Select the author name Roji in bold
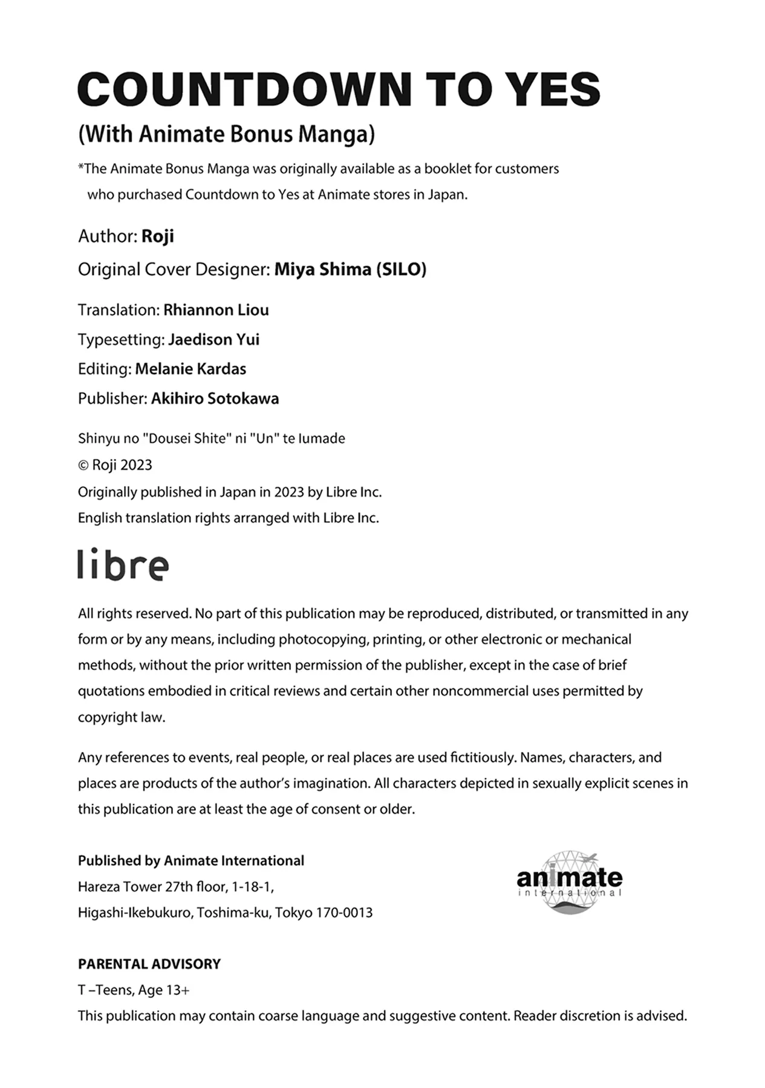tap(157, 236)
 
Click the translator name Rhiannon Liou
tap(216, 310)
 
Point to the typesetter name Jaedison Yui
tap(213, 340)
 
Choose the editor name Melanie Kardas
tap(190, 369)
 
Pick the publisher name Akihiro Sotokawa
tap(215, 398)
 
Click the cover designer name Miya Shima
tap(322, 269)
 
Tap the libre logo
tap(123, 565)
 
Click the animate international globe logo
tap(569, 882)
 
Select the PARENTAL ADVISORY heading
tap(149, 964)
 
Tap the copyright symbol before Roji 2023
tap(83, 465)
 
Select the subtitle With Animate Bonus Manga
tap(226, 134)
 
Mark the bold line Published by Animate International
tap(190, 861)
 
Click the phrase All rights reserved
tap(134, 614)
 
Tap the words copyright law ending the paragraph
tap(121, 717)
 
